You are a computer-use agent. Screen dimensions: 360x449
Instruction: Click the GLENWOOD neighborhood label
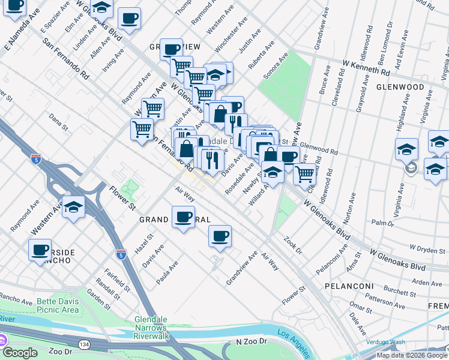pos(418,87)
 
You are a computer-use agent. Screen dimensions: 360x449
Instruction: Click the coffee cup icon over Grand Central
pos(183,217)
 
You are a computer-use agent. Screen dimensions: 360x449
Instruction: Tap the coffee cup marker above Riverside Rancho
pos(40,249)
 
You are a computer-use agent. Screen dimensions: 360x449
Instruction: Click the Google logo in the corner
pos(21,353)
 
